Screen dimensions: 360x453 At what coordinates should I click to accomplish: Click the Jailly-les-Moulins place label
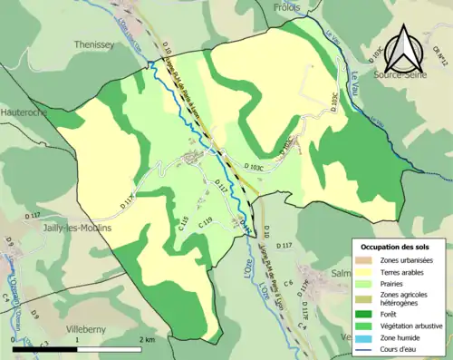pyautogui.click(x=78, y=228)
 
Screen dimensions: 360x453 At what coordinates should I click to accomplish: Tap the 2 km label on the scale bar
pyautogui.click(x=148, y=338)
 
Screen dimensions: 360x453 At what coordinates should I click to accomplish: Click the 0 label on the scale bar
pyautogui.click(x=14, y=338)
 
